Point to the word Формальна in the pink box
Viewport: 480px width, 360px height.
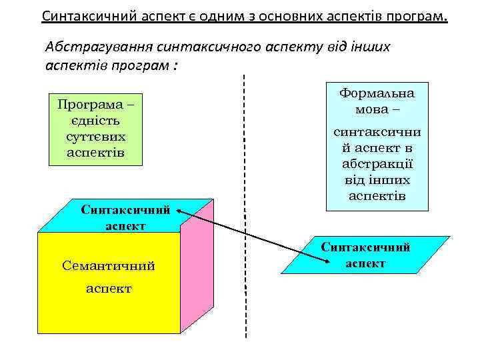coord(377,93)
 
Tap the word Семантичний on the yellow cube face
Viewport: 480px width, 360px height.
coord(108,266)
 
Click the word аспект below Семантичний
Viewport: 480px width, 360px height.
coord(109,289)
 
